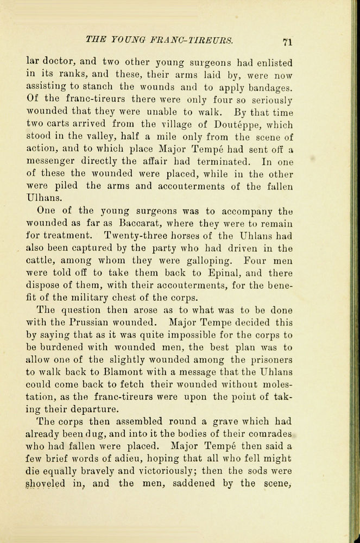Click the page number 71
[x=288, y=42]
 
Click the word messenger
[x=55, y=161]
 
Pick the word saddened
[x=195, y=485]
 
